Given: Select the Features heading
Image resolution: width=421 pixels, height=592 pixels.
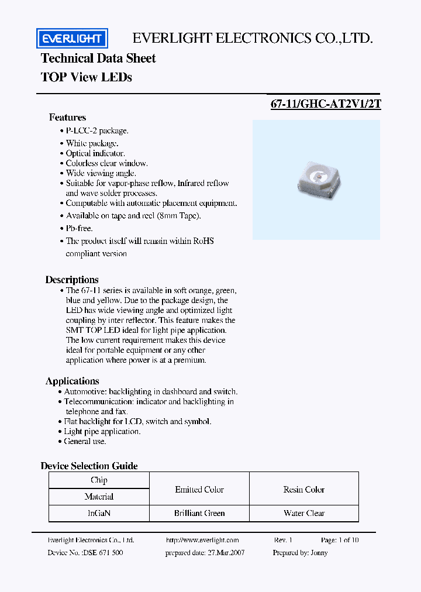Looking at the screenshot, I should [67, 118].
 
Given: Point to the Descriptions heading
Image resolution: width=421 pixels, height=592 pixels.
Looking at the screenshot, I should [72, 280].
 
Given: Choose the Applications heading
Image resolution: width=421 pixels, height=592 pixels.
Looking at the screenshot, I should [73, 381].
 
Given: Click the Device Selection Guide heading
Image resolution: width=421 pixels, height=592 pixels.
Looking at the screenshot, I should [89, 466].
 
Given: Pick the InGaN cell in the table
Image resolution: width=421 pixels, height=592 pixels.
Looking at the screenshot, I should [99, 513].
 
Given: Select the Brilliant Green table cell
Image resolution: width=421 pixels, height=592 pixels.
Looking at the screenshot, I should [199, 513].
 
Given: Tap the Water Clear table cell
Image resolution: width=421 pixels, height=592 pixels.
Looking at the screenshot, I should [304, 513].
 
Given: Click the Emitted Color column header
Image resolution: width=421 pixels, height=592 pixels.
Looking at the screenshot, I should [199, 490].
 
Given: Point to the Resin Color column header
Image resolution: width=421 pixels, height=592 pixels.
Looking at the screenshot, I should [304, 490].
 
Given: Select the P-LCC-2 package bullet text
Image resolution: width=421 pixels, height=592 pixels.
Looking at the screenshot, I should [97, 131].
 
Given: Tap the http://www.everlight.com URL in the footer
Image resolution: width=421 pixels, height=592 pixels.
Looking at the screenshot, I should [202, 541].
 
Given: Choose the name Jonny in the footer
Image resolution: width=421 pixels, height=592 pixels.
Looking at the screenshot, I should [319, 553].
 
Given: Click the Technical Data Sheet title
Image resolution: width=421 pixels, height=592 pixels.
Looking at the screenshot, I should [98, 58].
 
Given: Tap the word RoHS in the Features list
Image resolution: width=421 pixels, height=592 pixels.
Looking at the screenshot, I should [203, 241].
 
